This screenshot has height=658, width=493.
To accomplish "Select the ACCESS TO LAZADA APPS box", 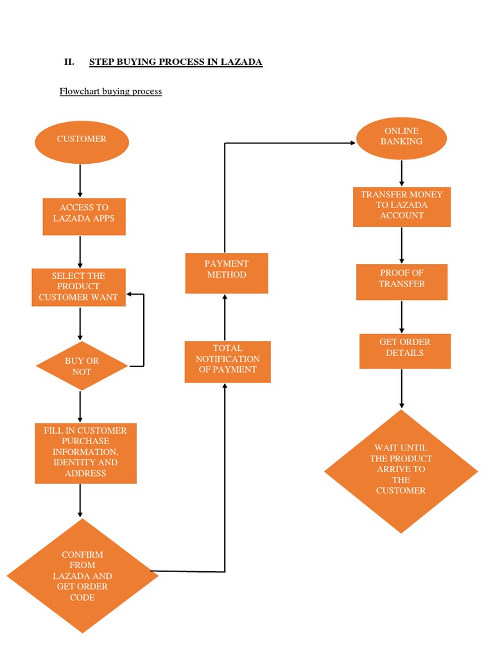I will point(84,217).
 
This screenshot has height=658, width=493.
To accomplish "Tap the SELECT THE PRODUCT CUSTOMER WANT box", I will point(79,287).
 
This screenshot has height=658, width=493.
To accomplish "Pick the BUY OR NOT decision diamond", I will point(82,366).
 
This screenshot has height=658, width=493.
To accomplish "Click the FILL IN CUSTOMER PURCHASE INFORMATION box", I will point(85,452).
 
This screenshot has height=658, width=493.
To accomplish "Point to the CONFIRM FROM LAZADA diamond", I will point(83,575).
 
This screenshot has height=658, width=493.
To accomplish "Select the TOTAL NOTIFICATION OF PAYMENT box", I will point(227,362).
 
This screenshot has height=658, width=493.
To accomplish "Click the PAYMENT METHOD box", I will point(227,273).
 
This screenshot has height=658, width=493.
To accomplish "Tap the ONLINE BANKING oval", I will point(401,138).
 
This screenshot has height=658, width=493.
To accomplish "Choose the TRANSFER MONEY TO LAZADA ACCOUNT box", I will point(402,206).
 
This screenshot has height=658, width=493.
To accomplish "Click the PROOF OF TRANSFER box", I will point(402,281).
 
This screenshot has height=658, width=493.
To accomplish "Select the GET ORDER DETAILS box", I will point(404,350).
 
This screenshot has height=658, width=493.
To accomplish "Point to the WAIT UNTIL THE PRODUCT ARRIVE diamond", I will point(401,471).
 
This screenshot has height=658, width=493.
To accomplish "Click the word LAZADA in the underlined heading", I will point(241,62).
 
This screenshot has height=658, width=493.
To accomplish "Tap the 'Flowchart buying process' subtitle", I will point(110,91).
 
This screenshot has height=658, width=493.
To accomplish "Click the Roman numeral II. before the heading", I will point(69,62).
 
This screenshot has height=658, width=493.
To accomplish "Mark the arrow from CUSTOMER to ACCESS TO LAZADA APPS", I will point(80,181).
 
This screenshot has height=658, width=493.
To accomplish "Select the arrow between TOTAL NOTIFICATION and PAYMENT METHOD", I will point(225,317).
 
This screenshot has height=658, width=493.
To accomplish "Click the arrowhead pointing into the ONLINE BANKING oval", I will point(352,143).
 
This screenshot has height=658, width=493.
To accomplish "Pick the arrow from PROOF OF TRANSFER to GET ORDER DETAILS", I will point(402,317).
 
